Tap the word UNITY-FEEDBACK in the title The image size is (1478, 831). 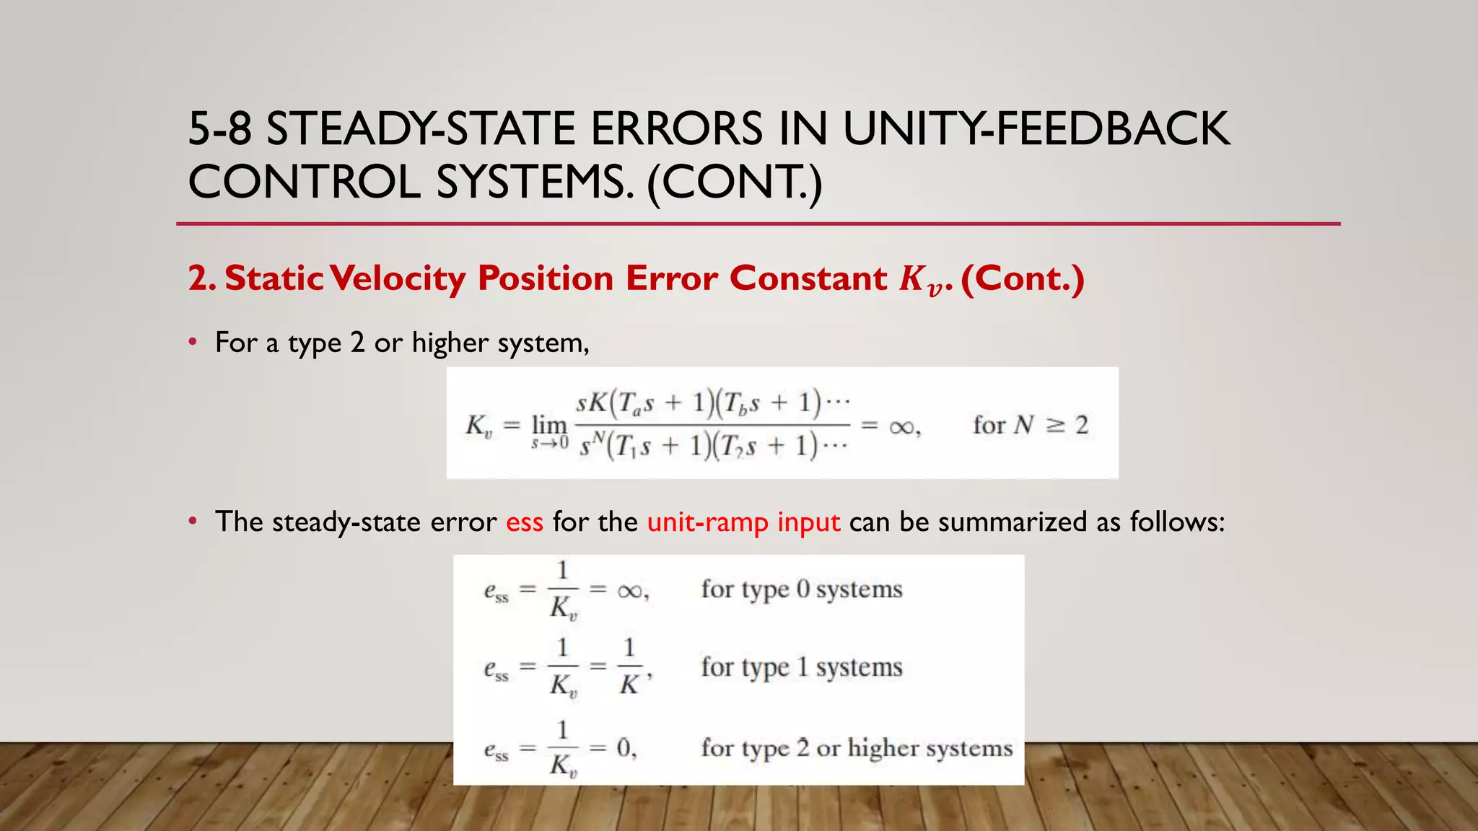coord(1036,129)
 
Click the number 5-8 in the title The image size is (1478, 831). coord(219,129)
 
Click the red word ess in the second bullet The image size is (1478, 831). coord(525,522)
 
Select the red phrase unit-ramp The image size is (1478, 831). coord(707,522)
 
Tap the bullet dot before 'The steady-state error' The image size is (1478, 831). coord(193,521)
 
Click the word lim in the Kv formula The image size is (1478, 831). coord(549,424)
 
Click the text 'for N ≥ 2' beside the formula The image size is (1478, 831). coord(1030,425)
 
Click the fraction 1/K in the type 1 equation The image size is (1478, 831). coord(629,667)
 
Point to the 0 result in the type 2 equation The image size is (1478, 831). coord(624,748)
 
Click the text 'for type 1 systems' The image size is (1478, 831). coord(801,667)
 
